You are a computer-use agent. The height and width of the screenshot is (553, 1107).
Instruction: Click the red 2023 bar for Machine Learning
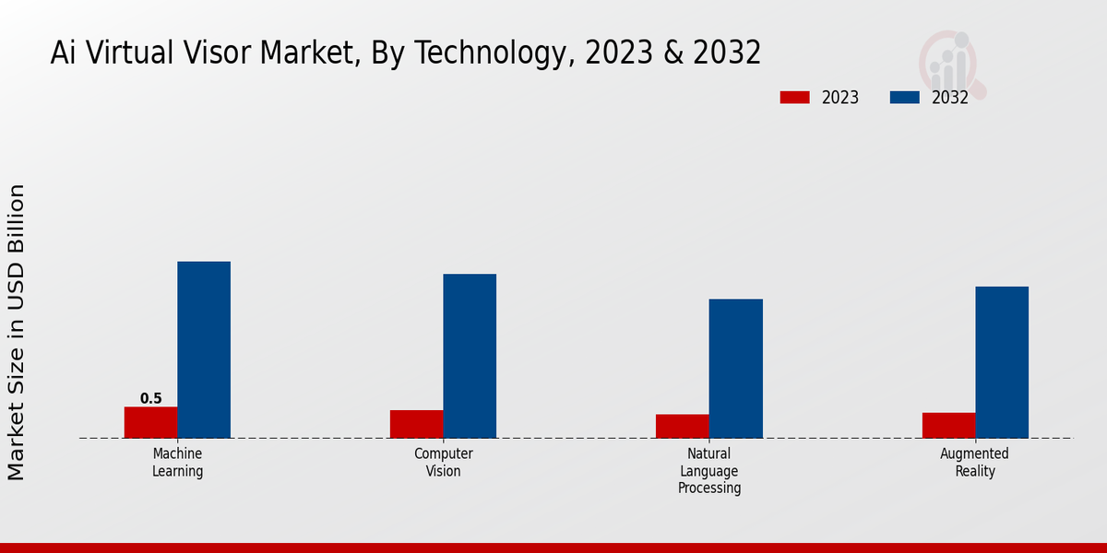[150, 422]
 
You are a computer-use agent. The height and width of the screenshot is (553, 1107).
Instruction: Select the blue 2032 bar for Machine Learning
[204, 350]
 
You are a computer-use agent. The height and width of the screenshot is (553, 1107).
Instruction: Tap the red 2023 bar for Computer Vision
[416, 424]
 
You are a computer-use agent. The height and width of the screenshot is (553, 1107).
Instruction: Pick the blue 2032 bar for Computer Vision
[470, 356]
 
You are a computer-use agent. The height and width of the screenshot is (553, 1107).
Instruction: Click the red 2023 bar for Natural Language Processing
[683, 426]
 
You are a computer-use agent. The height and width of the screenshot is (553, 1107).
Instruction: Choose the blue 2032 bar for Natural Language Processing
[736, 369]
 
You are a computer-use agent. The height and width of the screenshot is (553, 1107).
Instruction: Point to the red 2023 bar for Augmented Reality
[948, 425]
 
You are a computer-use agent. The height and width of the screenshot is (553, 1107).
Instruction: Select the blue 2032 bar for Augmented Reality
[1002, 362]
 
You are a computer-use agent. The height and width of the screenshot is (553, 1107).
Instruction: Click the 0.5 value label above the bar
[150, 399]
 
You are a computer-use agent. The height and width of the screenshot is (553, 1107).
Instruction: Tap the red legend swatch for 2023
[794, 98]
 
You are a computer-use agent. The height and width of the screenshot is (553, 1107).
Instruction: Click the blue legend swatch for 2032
[904, 98]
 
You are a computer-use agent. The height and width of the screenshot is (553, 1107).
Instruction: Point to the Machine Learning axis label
[177, 463]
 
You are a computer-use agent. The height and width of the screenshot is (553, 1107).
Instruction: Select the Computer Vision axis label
[443, 463]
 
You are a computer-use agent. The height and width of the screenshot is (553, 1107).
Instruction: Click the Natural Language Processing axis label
[709, 471]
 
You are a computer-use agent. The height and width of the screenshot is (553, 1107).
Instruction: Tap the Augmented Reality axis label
[975, 463]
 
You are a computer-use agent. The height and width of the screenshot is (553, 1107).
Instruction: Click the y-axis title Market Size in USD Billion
[17, 332]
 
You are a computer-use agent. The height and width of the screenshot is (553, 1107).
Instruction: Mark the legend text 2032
[950, 98]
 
